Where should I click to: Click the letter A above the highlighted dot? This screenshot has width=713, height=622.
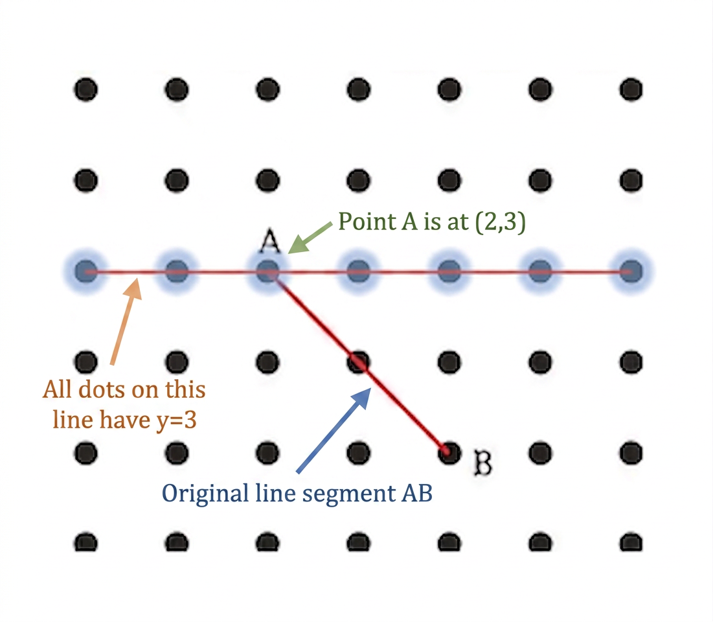pos(270,240)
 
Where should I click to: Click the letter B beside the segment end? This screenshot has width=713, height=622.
pos(482,463)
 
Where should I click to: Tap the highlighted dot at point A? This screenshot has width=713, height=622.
pos(268,272)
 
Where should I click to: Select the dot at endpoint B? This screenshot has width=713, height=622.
pos(449,453)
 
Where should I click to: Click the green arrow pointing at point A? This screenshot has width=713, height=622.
pos(311,238)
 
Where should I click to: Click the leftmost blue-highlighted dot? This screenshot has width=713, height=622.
pos(86,272)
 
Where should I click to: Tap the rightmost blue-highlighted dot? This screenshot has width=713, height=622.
pos(631,272)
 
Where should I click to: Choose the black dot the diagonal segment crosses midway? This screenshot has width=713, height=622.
pos(358,363)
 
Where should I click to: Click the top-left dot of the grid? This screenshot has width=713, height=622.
pos(86,89)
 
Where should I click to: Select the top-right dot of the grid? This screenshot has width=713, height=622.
pos(631,89)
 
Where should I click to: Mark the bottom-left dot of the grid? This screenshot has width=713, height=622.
pos(86,542)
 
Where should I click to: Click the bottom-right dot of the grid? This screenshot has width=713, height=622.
pos(631,542)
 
